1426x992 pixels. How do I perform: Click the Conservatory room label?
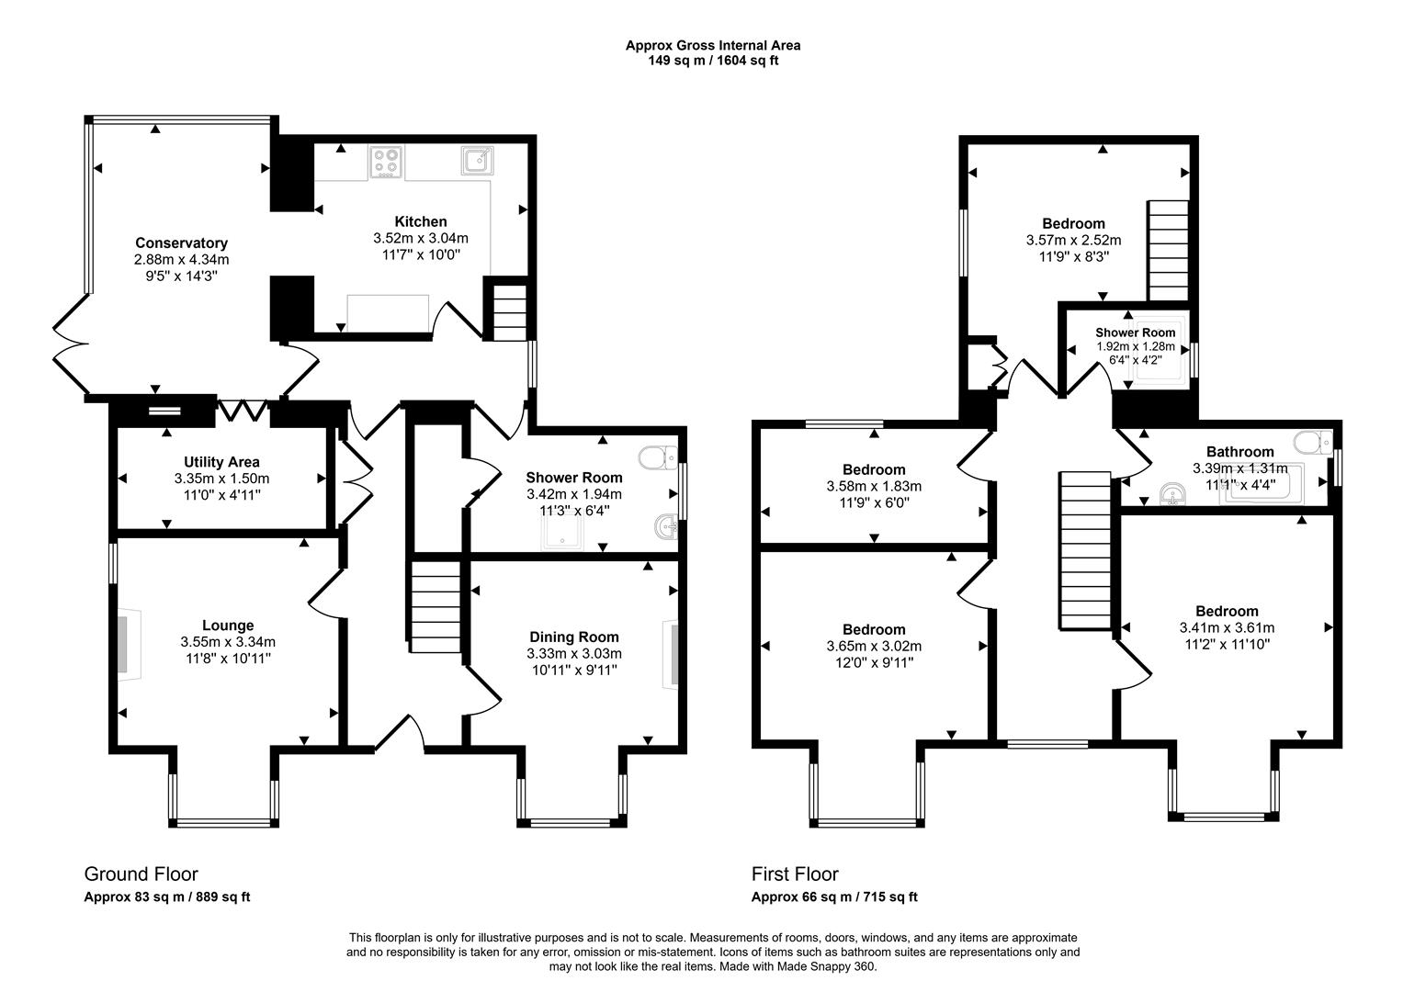pos(181,242)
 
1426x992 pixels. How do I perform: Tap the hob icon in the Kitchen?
pos(387,163)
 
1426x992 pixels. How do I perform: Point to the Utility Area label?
pos(221,462)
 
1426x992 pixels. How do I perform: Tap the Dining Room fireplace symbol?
pos(672,654)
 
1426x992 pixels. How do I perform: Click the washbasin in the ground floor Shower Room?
pos(667,528)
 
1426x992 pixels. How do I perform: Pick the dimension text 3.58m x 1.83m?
pos(873,486)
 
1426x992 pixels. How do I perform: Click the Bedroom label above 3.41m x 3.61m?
pos(1227,611)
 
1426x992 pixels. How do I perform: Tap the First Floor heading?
pos(795,874)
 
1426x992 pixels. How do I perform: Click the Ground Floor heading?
pos(141,874)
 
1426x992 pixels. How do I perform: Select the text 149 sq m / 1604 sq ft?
pos(713,61)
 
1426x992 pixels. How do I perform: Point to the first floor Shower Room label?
pos(1135,333)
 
